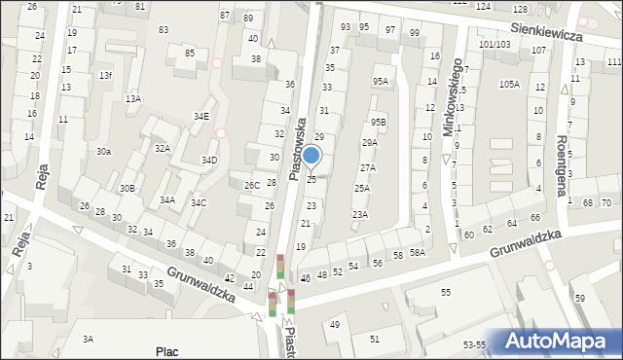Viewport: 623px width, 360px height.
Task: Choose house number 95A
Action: tap(380, 82)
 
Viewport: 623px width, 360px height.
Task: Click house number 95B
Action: tap(379, 122)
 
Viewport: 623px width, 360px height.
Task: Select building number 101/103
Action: tap(494, 45)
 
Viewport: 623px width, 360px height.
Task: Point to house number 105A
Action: tap(509, 85)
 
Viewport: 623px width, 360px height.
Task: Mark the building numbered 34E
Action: tap(201, 117)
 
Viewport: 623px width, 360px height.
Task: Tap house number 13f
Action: tap(105, 76)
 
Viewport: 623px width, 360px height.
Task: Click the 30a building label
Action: tap(103, 152)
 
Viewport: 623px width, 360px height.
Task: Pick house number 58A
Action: tap(417, 252)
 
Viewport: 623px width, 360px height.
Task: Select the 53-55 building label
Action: tap(474, 345)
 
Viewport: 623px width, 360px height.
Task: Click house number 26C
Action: tap(251, 185)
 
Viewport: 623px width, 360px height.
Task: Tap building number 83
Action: tap(163, 30)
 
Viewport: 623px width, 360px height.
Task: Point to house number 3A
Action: tap(88, 339)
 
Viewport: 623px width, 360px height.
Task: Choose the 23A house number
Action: tap(360, 214)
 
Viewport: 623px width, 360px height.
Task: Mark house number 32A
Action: tap(163, 149)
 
